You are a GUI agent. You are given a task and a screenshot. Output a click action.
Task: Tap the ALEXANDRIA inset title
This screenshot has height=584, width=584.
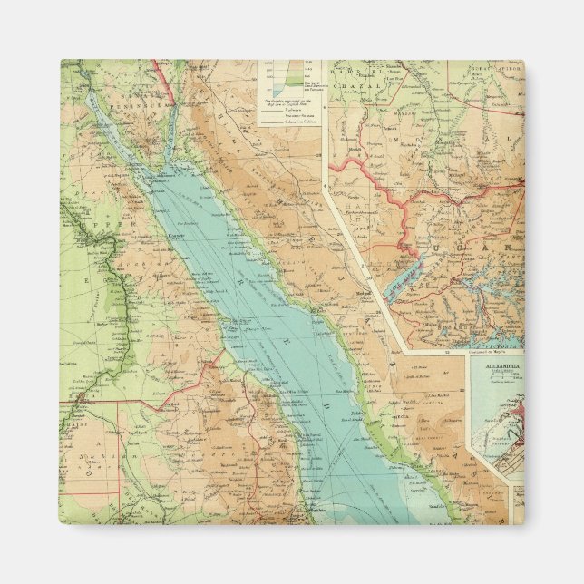tap(494, 365)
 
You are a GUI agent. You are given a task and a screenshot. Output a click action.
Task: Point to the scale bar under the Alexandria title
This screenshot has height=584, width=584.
tap(494, 375)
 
